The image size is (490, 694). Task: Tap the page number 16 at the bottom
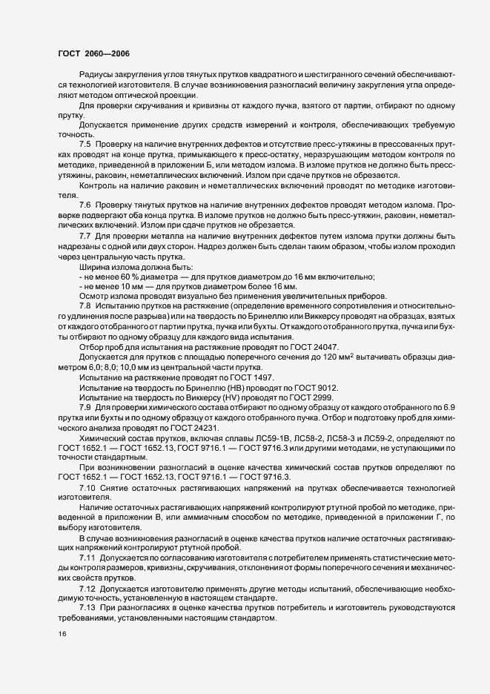[x=62, y=633]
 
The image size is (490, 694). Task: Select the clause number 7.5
[x=85, y=143]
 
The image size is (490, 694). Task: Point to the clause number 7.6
[x=85, y=204]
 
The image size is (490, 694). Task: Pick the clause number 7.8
[x=85, y=305]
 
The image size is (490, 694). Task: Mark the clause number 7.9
[x=85, y=408]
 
